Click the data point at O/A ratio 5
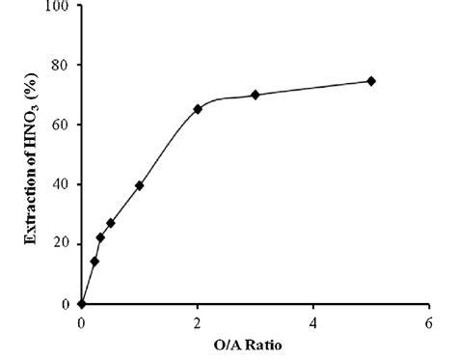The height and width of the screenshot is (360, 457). click(371, 81)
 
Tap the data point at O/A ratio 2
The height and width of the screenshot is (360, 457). click(198, 109)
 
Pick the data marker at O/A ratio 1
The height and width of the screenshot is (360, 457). click(140, 185)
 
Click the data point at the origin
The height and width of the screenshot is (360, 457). click(82, 304)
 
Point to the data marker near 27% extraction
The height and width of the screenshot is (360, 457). click(111, 223)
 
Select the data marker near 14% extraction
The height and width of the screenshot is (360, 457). click(94, 261)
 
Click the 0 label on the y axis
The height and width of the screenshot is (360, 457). click(66, 304)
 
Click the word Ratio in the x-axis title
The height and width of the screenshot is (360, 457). click(266, 343)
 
